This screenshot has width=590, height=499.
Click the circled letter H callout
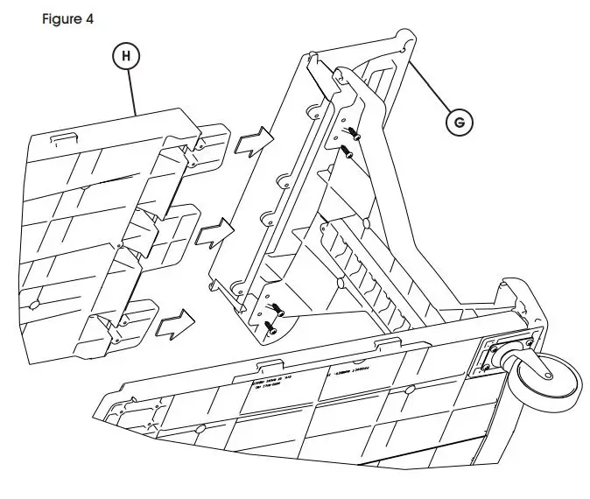click(x=128, y=55)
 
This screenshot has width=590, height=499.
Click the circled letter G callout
click(x=457, y=123)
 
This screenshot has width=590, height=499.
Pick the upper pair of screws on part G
click(x=350, y=140)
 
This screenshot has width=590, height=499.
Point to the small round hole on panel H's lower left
click(x=35, y=302)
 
